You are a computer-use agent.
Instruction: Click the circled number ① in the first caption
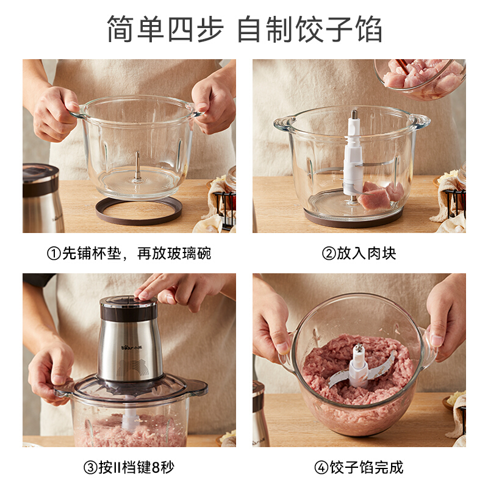54,253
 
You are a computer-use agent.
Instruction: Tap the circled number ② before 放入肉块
329,253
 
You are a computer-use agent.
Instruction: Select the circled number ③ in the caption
90,467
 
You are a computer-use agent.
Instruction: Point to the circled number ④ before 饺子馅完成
321,467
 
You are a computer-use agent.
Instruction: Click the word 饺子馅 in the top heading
339,29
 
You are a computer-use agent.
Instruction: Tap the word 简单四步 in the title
165,29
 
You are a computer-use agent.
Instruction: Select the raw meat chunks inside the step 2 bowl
380,195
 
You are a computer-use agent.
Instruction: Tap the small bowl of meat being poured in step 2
420,79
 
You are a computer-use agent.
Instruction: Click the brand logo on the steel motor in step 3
131,347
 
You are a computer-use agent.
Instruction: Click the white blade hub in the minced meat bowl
359,365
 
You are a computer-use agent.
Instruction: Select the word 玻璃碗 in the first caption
189,253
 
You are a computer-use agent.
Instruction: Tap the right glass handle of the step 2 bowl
420,121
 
